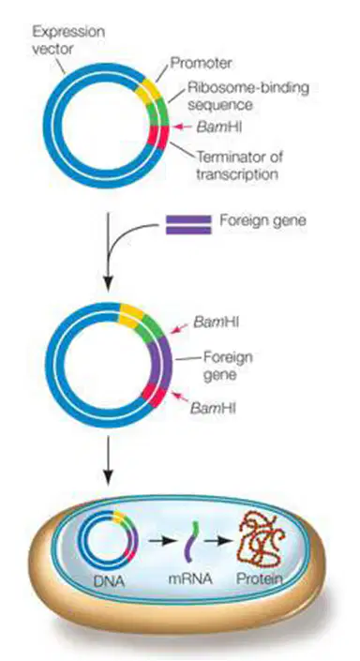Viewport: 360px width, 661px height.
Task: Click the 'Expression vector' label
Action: (x=68, y=40)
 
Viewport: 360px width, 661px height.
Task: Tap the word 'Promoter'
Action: (x=201, y=63)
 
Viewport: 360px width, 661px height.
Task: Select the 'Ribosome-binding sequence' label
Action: (x=248, y=96)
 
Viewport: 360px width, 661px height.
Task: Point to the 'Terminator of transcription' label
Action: (x=240, y=165)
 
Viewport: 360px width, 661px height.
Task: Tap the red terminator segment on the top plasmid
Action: (x=159, y=137)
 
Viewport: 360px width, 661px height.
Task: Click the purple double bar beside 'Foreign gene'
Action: (x=188, y=225)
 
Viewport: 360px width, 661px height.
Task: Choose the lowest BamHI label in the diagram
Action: (x=213, y=408)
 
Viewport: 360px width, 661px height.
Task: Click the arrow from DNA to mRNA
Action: (x=160, y=541)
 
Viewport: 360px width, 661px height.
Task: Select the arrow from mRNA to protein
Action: (x=218, y=541)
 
